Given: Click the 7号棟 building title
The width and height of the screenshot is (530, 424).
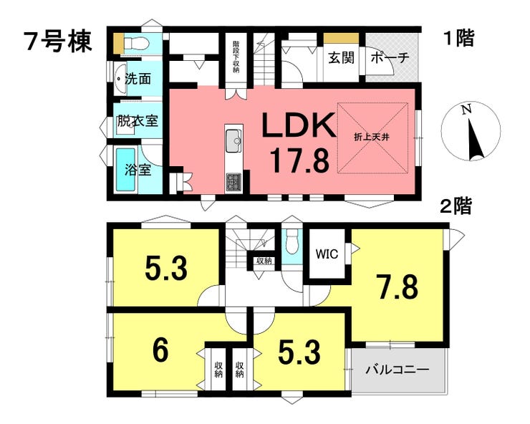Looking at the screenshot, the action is click(x=58, y=42).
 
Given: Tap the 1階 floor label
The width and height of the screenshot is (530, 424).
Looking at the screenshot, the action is click(x=458, y=38).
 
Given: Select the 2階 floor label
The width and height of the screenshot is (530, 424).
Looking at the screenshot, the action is click(x=456, y=206).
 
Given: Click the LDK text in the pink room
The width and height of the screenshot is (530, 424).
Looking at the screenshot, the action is click(x=298, y=125).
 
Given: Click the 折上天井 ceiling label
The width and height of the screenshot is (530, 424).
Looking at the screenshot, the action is click(x=372, y=138).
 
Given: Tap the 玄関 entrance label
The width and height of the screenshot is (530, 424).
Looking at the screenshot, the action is click(x=342, y=58).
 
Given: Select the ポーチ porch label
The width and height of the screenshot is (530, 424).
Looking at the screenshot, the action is click(x=390, y=58).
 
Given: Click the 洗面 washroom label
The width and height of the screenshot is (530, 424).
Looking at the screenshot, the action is click(x=138, y=79).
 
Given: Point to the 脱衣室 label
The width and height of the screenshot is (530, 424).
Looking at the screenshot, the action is click(x=138, y=121).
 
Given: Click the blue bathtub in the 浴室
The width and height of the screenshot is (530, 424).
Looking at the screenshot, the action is click(x=126, y=170).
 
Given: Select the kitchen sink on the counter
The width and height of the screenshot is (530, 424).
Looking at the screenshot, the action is click(x=233, y=141).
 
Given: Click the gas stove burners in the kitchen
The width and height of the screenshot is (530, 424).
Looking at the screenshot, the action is click(x=233, y=183).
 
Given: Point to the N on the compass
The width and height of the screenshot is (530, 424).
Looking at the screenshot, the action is click(x=467, y=109).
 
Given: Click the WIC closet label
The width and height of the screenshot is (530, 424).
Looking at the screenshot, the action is click(x=327, y=254).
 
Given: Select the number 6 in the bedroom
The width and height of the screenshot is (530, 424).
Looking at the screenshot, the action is click(x=160, y=351).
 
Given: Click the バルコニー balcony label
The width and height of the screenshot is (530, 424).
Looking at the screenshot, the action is click(x=397, y=370).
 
